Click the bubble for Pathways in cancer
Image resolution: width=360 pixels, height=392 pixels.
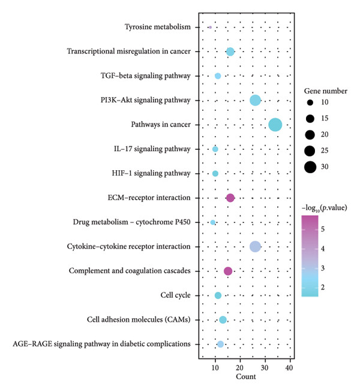275,125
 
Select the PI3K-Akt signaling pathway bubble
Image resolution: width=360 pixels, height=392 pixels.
255,100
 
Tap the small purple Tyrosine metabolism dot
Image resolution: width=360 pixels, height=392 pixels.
210,27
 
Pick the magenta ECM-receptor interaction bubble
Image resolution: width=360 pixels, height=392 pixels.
230,198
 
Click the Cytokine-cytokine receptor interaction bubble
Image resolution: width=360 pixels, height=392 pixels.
255,247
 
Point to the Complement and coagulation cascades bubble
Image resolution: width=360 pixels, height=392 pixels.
227,271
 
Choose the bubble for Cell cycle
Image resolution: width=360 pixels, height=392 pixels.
218,295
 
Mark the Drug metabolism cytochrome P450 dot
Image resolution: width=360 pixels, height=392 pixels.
212,222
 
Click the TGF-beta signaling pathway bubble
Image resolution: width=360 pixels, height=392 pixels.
218,76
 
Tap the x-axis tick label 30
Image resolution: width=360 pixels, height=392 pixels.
265,367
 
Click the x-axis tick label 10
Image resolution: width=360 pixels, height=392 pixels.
215,367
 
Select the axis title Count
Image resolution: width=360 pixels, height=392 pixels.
245,376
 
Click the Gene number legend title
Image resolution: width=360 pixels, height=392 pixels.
325,91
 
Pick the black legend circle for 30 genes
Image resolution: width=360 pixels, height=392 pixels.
310,167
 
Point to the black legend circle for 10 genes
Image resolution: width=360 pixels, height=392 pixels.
310,102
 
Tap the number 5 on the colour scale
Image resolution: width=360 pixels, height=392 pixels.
323,229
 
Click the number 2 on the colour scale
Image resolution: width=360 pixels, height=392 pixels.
323,287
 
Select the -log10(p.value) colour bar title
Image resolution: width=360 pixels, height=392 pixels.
324,208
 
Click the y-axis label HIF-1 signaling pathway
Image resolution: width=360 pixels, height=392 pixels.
151,173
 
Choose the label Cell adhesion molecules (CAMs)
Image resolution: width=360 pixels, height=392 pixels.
139,319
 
